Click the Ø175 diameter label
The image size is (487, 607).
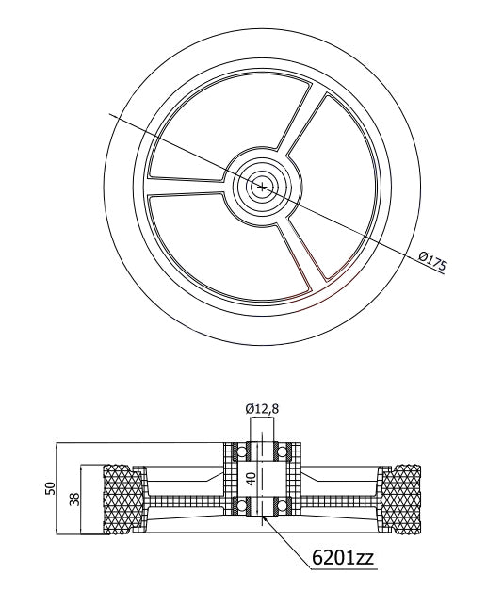(430, 260)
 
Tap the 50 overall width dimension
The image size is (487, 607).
(52, 489)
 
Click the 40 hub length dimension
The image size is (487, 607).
(251, 478)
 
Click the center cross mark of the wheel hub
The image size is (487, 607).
(262, 187)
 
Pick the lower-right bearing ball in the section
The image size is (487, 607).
(279, 509)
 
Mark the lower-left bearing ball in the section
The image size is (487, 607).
(240, 509)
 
